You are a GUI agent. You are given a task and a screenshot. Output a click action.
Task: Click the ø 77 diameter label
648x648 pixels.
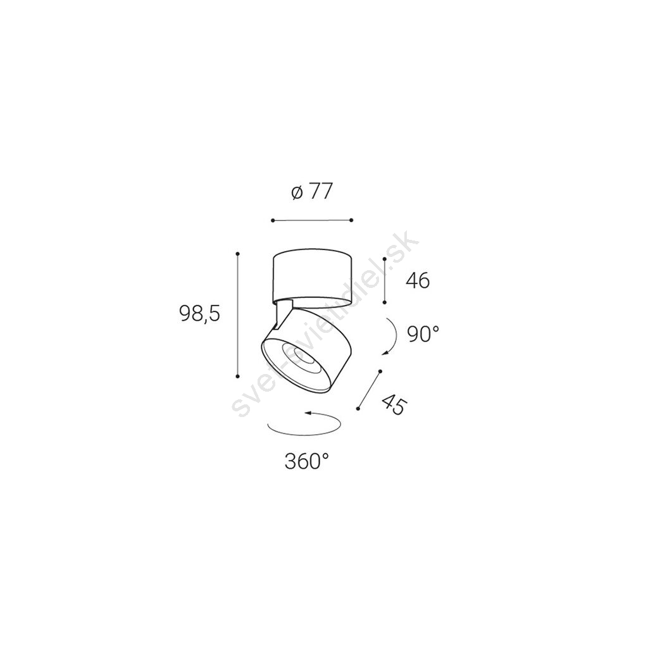311,192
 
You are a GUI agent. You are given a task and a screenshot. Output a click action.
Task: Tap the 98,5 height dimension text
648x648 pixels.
199,313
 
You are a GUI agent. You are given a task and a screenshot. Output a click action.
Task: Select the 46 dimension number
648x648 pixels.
418,281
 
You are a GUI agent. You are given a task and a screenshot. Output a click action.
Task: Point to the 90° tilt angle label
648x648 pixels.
423,334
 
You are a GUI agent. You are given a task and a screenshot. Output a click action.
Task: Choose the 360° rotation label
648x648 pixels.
307,461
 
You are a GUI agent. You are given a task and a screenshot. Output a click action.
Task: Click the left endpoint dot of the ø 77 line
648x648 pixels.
273,220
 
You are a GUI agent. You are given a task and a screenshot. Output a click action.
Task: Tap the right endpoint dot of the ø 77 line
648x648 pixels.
351,220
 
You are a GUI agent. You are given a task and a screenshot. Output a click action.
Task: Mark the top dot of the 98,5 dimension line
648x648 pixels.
238,253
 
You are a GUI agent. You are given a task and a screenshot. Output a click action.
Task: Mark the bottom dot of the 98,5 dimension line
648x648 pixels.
238,376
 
